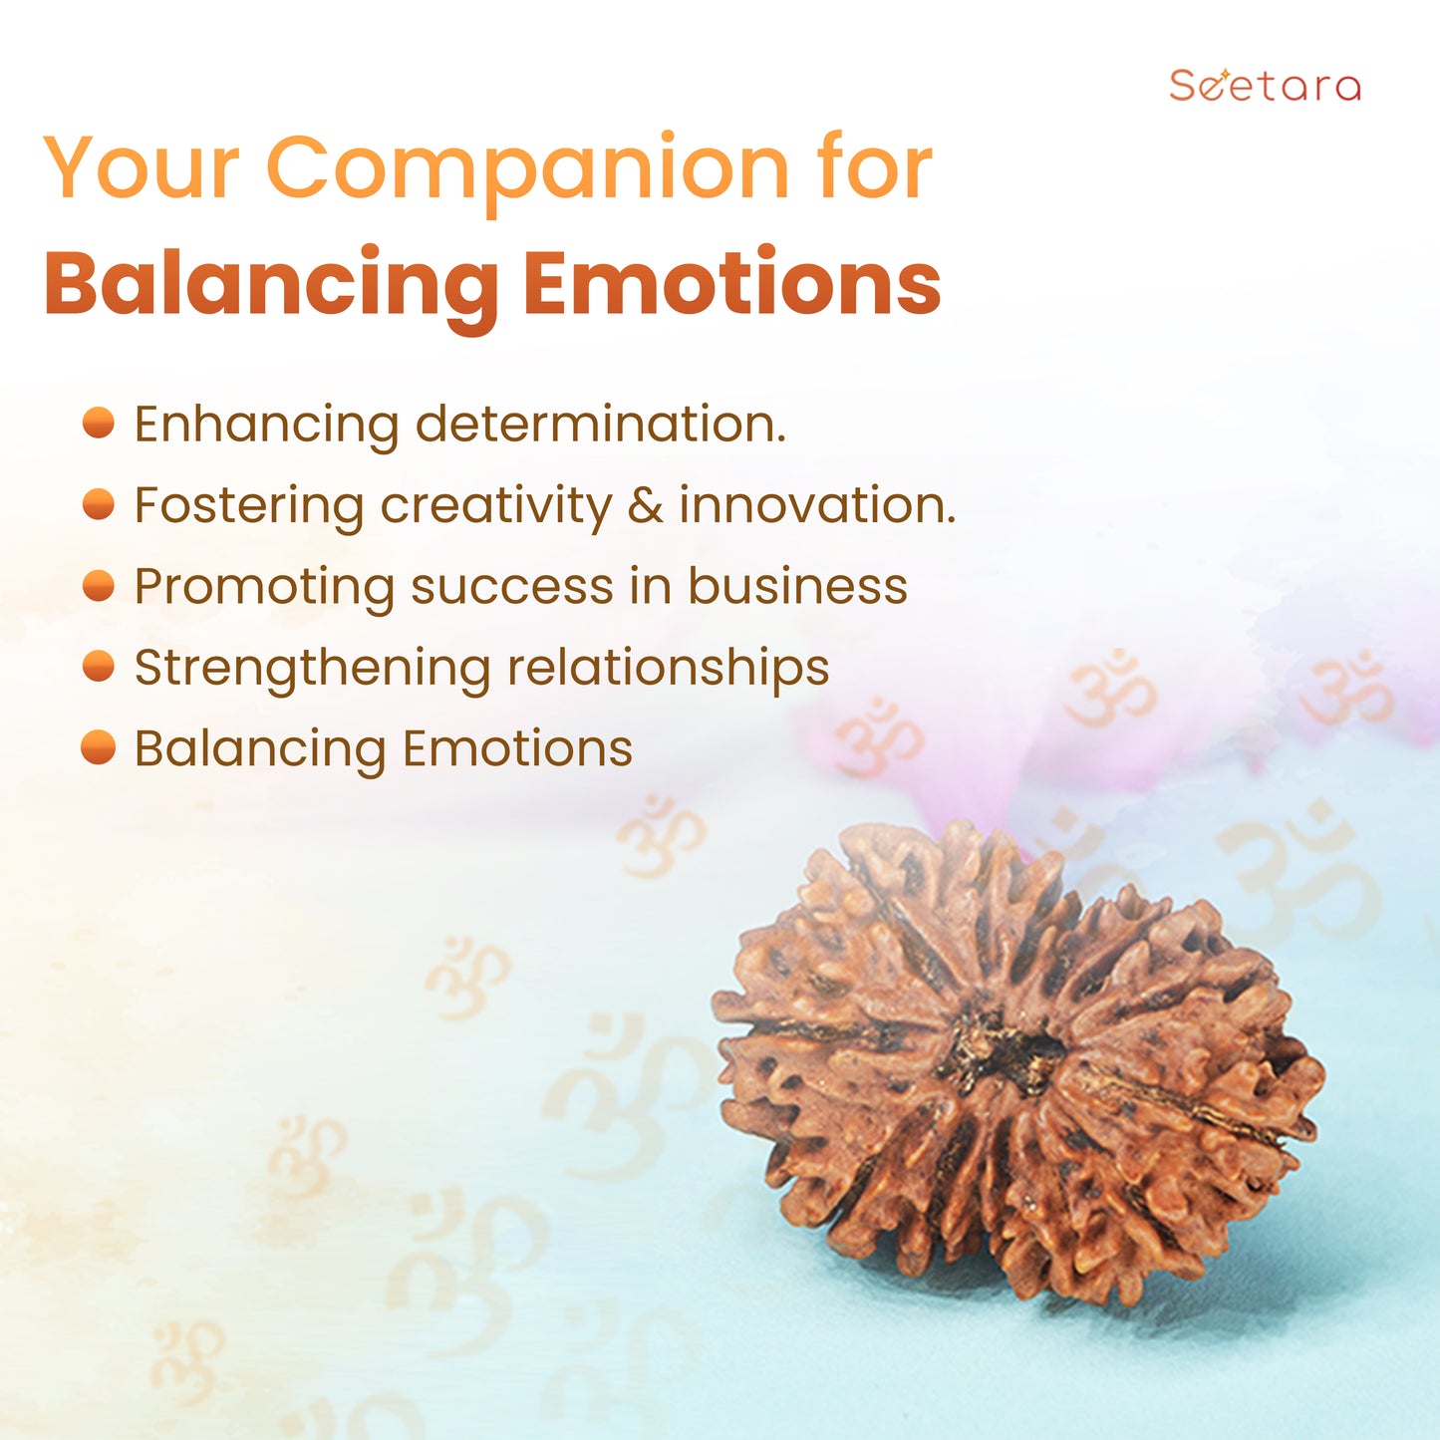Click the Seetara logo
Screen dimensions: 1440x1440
pyautogui.click(x=1265, y=85)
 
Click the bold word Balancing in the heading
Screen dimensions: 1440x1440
pyautogui.click(x=272, y=288)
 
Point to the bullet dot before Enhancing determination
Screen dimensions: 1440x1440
pyautogui.click(x=98, y=423)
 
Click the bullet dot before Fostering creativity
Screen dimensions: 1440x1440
pyautogui.click(x=98, y=503)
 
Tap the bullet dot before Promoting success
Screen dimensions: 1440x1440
pyautogui.click(x=98, y=585)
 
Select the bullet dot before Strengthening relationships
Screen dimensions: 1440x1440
pyautogui.click(x=98, y=666)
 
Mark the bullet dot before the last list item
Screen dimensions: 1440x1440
pyautogui.click(x=98, y=747)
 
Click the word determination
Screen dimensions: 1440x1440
pyautogui.click(x=600, y=424)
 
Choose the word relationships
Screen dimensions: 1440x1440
pyautogui.click(x=668, y=668)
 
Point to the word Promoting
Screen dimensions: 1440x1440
pyautogui.click(x=264, y=588)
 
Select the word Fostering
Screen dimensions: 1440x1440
pyautogui.click(x=248, y=507)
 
